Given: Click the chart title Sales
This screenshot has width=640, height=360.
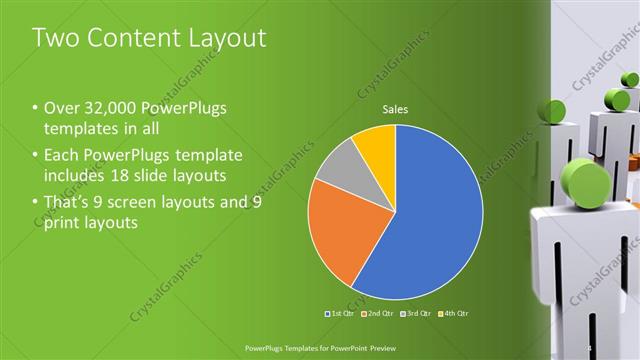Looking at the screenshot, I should (x=397, y=110).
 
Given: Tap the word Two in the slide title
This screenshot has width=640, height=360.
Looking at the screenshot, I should (x=56, y=38).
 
